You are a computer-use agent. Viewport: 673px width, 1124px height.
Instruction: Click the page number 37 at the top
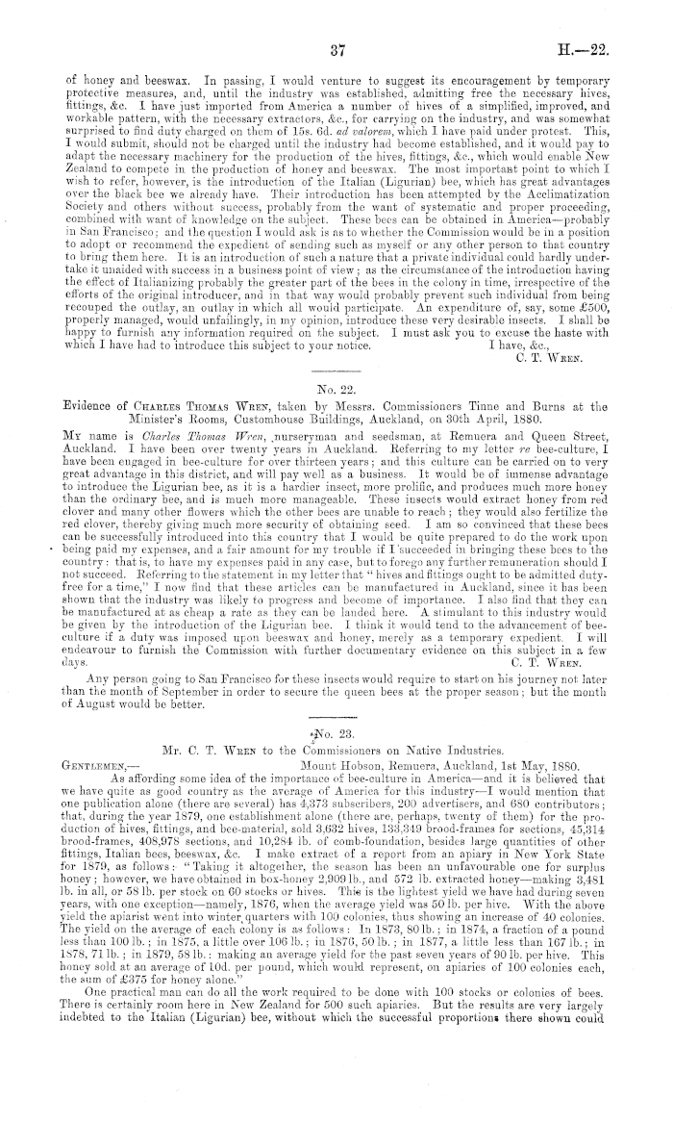[336, 49]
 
